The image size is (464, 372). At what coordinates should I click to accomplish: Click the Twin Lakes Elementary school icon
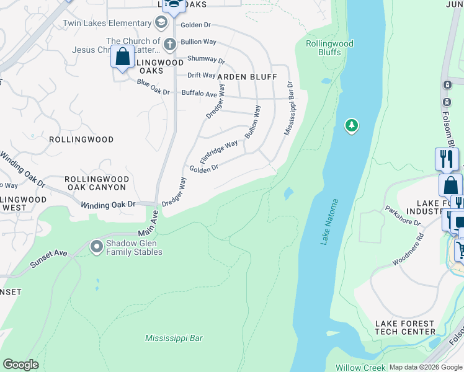(162, 24)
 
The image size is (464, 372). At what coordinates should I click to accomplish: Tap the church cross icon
(170, 43)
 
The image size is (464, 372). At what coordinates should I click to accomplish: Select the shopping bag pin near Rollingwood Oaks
(123, 57)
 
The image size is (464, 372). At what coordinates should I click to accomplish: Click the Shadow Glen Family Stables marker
(97, 247)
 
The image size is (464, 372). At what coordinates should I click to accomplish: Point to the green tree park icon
(352, 126)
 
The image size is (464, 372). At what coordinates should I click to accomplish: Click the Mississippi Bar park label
(174, 339)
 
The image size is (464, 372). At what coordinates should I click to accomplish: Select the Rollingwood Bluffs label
(329, 48)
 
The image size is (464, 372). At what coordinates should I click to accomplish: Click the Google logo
(21, 364)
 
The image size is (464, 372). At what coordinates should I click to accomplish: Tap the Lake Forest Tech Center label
(406, 328)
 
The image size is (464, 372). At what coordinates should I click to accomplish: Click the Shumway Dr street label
(207, 60)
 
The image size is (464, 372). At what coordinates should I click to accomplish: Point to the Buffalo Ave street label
(199, 93)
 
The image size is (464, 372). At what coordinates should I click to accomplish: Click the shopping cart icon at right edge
(460, 250)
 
